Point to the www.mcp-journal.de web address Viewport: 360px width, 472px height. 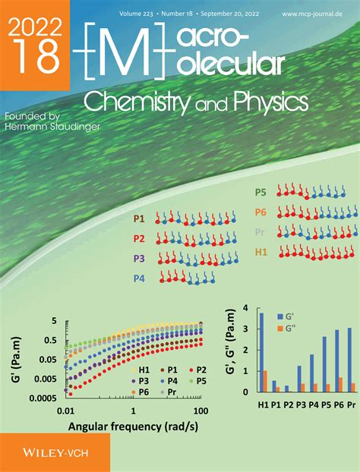pyautogui.click(x=314, y=14)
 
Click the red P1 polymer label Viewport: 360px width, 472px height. pyautogui.click(x=139, y=219)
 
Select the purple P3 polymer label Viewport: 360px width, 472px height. pyautogui.click(x=139, y=258)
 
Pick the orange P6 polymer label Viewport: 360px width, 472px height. pyautogui.click(x=261, y=212)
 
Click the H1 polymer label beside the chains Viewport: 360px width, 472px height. pyautogui.click(x=261, y=250)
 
